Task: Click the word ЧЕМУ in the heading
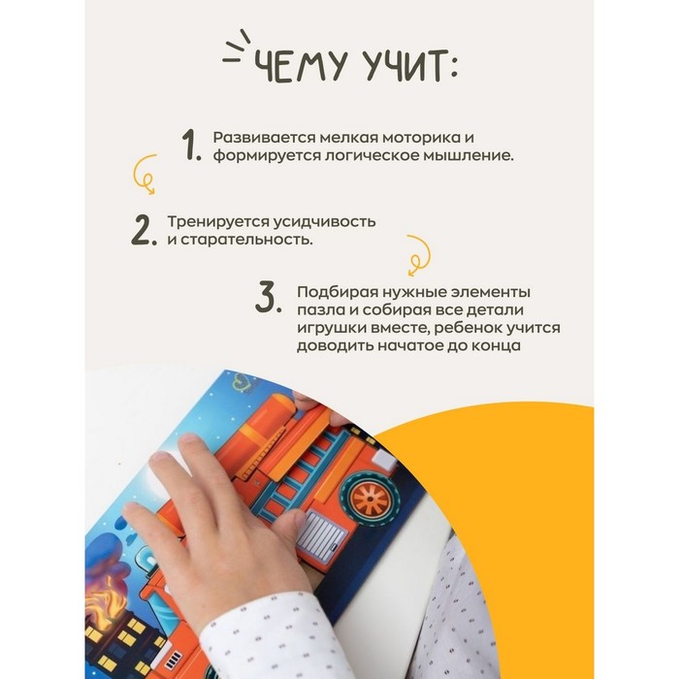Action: pos(300,66)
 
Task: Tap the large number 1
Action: pos(191,145)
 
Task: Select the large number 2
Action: pos(144,230)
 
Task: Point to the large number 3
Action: pos(268,297)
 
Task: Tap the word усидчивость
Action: pos(324,222)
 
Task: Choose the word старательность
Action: pos(246,240)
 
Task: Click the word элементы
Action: pos(490,292)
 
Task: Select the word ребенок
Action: pos(468,328)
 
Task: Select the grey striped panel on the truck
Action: pos(323,535)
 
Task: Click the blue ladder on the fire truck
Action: pos(299,473)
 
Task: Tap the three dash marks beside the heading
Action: pos(237,48)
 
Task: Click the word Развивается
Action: pos(264,138)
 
